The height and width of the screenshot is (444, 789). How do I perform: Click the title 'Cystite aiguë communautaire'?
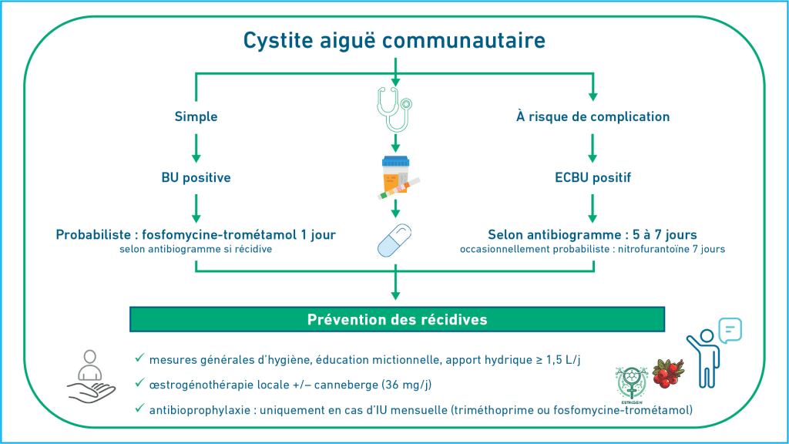click(x=394, y=40)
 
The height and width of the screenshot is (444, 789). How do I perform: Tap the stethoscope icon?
click(x=395, y=109)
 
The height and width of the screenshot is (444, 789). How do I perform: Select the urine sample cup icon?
click(x=398, y=177)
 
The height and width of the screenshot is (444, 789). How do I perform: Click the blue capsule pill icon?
click(x=394, y=240)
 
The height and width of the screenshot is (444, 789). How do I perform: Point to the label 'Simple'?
click(x=196, y=117)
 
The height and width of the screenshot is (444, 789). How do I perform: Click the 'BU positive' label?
click(x=196, y=177)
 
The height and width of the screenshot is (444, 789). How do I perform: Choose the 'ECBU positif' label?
click(x=593, y=177)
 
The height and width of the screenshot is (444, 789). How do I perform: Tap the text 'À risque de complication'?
click(x=593, y=116)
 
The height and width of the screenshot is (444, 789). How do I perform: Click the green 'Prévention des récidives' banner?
click(x=397, y=320)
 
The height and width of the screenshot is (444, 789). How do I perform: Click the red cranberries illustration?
click(x=668, y=373)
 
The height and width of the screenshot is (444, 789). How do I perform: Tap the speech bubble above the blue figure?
click(x=730, y=330)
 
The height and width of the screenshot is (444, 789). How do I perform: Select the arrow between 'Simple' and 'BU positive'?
click(x=196, y=148)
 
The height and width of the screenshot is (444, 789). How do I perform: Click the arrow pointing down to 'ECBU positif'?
click(x=593, y=148)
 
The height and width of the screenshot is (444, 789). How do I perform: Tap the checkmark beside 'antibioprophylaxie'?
click(x=139, y=409)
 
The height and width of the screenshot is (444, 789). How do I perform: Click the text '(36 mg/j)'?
click(x=407, y=385)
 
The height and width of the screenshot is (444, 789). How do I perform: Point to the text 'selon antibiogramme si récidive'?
click(x=196, y=249)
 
